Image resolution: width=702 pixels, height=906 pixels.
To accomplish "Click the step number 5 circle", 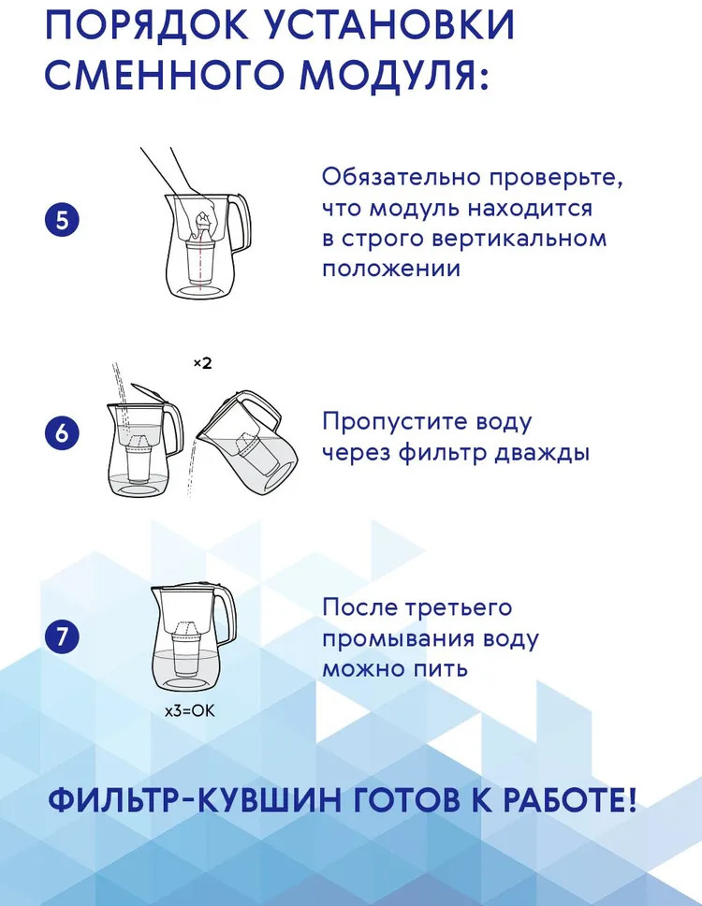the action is tap(62, 221).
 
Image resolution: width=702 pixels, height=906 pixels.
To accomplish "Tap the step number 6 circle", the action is tap(62, 432).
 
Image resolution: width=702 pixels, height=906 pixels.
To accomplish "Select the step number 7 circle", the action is tap(62, 636).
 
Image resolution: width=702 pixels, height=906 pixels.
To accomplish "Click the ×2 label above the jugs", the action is tap(202, 363).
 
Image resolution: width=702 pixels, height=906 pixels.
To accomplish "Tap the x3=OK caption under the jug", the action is tap(189, 710).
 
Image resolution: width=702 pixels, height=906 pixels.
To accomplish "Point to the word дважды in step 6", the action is tap(542, 452).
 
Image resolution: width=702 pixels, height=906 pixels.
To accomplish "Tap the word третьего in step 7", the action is tap(459, 608).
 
